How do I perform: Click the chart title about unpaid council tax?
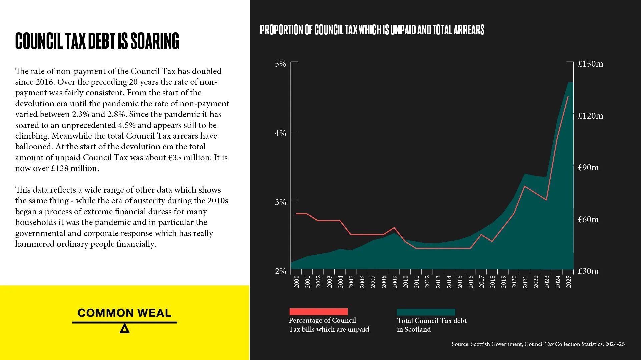point(372,30)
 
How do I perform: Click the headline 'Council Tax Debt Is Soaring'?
point(97,41)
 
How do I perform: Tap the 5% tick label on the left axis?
point(280,64)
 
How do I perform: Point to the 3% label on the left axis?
point(280,202)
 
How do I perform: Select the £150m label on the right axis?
point(590,64)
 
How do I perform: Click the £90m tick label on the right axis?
point(588,167)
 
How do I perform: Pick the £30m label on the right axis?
point(588,271)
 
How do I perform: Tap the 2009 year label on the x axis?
point(395,282)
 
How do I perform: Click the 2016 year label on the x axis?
point(471,282)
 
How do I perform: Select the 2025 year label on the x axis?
point(569,282)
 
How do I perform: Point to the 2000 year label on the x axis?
point(296,282)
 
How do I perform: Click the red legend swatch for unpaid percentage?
point(318,312)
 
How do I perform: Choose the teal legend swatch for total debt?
point(426,312)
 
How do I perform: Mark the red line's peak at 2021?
point(525,186)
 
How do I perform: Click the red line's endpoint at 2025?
point(568,96)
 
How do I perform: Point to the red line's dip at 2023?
point(546,200)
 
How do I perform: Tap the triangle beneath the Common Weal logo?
point(124,329)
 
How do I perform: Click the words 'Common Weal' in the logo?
point(124,313)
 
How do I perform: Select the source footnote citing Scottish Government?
point(538,344)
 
